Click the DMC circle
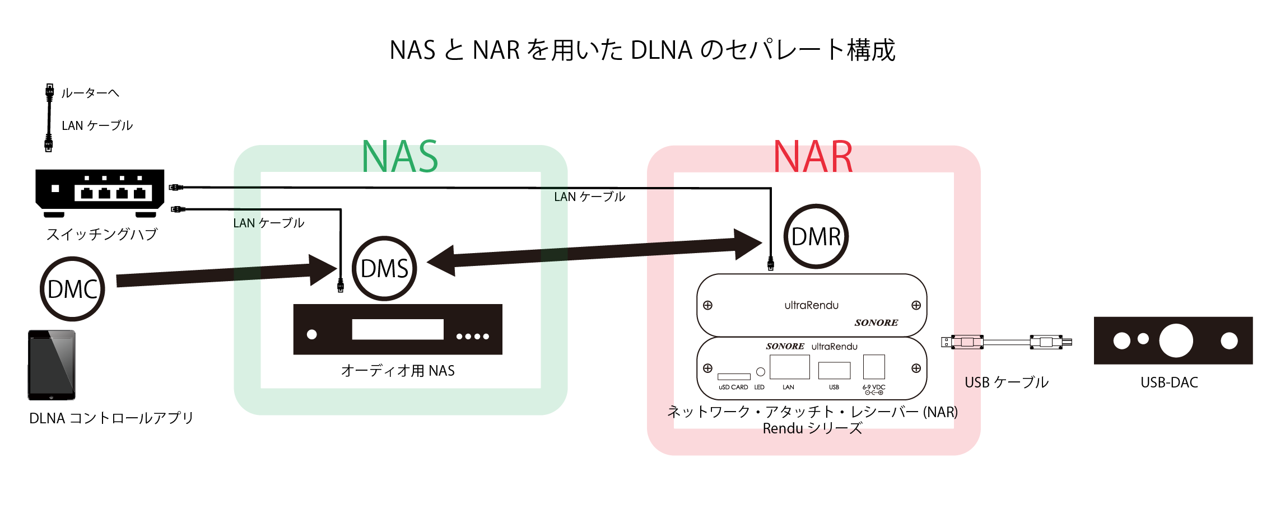tap(72, 289)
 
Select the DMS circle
tap(384, 268)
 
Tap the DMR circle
tap(816, 236)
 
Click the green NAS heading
tap(400, 157)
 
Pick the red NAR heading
tap(813, 157)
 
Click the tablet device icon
tap(52, 365)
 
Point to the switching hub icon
tap(100, 192)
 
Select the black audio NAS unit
tap(398, 329)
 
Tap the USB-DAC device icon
tap(1173, 340)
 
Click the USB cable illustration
tap(1007, 342)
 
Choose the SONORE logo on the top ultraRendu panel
tap(876, 323)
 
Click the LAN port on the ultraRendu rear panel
tap(790, 367)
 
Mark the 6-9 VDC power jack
tap(874, 367)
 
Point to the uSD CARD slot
tap(734, 377)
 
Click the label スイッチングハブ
tap(102, 234)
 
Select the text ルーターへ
tap(90, 93)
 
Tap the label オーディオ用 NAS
tap(398, 371)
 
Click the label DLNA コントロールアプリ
tap(111, 418)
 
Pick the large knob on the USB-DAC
tap(1176, 340)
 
